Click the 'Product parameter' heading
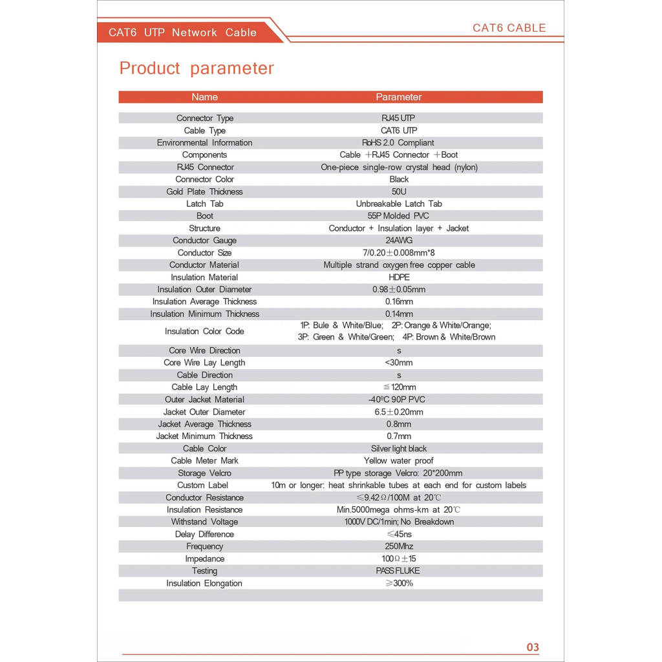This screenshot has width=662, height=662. coord(197,69)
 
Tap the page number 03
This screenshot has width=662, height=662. coord(533,647)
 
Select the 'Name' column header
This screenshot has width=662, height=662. coord(204,97)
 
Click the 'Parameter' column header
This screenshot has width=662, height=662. coord(398,97)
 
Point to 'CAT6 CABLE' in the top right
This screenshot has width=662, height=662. coord(509,28)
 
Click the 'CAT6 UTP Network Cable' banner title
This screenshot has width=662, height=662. coord(182,32)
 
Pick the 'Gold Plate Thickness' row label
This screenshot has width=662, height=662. coord(204,191)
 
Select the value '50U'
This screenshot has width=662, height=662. coord(399,191)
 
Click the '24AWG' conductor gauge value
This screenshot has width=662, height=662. coord(399,240)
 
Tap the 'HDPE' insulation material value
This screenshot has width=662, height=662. coord(399,277)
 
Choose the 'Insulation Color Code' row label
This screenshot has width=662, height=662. coord(204,331)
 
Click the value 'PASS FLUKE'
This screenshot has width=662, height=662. coord(398,571)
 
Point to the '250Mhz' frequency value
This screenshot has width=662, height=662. coord(399,546)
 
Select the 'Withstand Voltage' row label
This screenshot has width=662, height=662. coord(204,522)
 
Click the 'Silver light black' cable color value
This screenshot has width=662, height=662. coord(399,449)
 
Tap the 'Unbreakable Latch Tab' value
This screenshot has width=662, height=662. coord(399,204)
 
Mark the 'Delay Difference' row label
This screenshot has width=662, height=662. coord(204,534)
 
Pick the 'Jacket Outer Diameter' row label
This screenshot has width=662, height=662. coord(204,412)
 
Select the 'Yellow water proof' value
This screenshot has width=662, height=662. coord(399,461)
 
